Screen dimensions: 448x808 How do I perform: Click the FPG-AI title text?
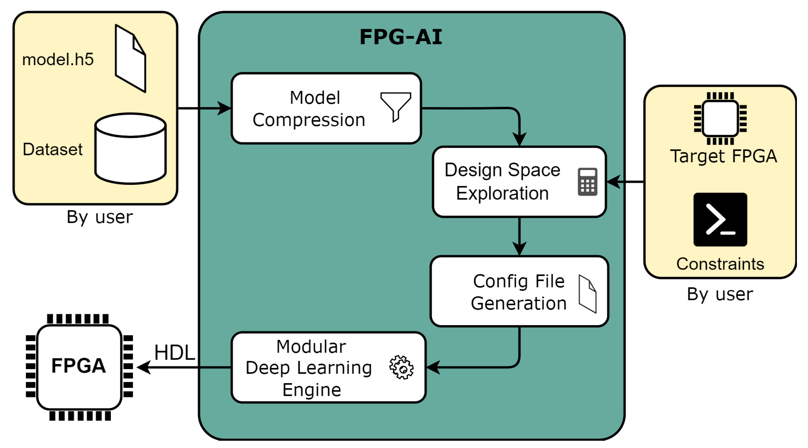click(x=400, y=37)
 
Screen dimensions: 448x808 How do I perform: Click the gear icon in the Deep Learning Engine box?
click(x=401, y=367)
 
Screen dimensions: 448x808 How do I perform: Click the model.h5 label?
click(x=58, y=60)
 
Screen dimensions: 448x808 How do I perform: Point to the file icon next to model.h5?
click(x=130, y=59)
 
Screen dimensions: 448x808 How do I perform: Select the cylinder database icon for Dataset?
click(x=130, y=148)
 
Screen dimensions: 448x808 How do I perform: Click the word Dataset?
click(x=53, y=149)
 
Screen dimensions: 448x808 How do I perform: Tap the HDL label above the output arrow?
click(x=174, y=352)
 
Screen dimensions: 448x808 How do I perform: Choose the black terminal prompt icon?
click(x=720, y=219)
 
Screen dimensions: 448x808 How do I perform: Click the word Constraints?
click(x=720, y=264)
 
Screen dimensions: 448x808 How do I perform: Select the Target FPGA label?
click(x=723, y=156)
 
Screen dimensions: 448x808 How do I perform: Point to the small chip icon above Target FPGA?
click(x=720, y=118)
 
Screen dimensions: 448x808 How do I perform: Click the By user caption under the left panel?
click(x=100, y=217)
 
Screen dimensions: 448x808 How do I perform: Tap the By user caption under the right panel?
click(x=720, y=294)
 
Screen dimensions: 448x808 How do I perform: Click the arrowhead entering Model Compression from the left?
click(x=224, y=108)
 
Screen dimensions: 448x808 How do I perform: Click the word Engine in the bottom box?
click(x=312, y=389)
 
